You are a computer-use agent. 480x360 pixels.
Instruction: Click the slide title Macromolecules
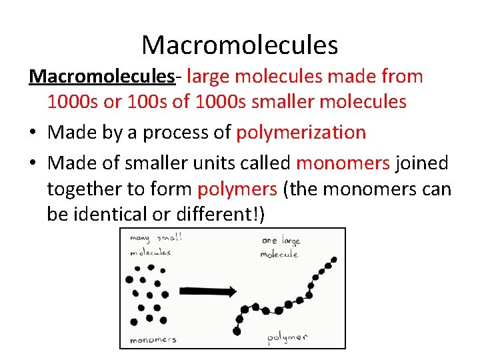coord(240,45)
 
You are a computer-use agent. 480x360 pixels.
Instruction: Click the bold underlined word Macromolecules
coord(101,77)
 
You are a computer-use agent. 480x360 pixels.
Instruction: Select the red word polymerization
coord(301,133)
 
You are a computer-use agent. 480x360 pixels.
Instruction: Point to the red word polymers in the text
coord(238,190)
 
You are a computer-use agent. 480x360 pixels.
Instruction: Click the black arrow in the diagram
coord(209,291)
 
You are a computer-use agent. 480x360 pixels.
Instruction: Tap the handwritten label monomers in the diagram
coord(153,339)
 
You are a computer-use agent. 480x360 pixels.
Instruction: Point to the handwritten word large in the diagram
coord(291,241)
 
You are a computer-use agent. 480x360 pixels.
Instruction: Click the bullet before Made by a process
coord(33,133)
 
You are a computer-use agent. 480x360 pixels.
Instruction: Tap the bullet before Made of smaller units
coord(33,163)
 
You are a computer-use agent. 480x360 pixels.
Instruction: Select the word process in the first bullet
coord(177,133)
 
